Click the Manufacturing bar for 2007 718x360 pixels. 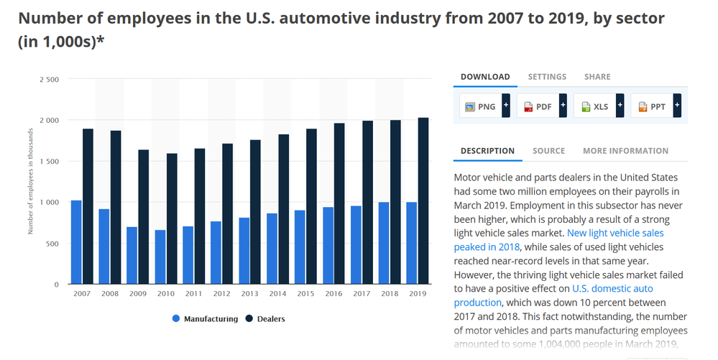pyautogui.click(x=76, y=242)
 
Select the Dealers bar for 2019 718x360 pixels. pyautogui.click(x=423, y=201)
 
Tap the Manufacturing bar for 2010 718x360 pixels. pyautogui.click(x=160, y=257)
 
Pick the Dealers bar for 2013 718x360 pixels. pyautogui.click(x=256, y=212)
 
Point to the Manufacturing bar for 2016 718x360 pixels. pyautogui.click(x=328, y=246)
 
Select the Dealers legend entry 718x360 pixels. pyautogui.click(x=265, y=319)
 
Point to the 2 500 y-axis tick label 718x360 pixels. pyautogui.click(x=50, y=79)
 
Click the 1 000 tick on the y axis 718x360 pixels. pyautogui.click(x=50, y=202)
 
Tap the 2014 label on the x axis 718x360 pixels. pyautogui.click(x=277, y=294)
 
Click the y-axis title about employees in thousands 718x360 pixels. pyautogui.click(x=31, y=181)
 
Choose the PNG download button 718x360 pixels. pyautogui.click(x=484, y=106)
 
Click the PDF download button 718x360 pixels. pyautogui.click(x=542, y=106)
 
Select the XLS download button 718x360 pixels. pyautogui.click(x=599, y=106)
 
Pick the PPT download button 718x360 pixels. pyautogui.click(x=655, y=106)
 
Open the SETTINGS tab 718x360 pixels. pyautogui.click(x=547, y=77)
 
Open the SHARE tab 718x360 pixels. pyautogui.click(x=597, y=77)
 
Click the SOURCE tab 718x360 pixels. pyautogui.click(x=548, y=151)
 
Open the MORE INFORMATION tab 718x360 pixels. pyautogui.click(x=625, y=151)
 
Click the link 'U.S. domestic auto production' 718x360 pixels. pyautogui.click(x=553, y=295)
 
